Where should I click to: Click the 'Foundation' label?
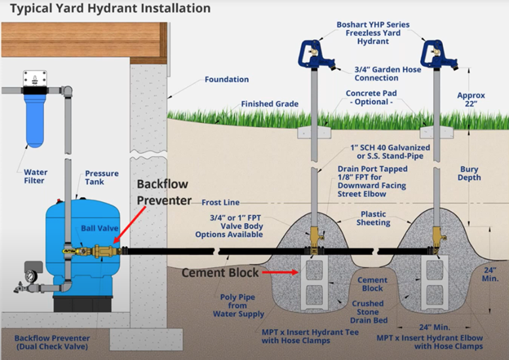point(227,80)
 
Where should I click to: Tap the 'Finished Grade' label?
point(269,104)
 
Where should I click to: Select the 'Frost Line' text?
point(220,202)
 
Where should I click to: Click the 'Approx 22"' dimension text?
point(471,100)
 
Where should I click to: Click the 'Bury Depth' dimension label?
point(469,173)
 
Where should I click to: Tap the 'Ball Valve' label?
point(97,229)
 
